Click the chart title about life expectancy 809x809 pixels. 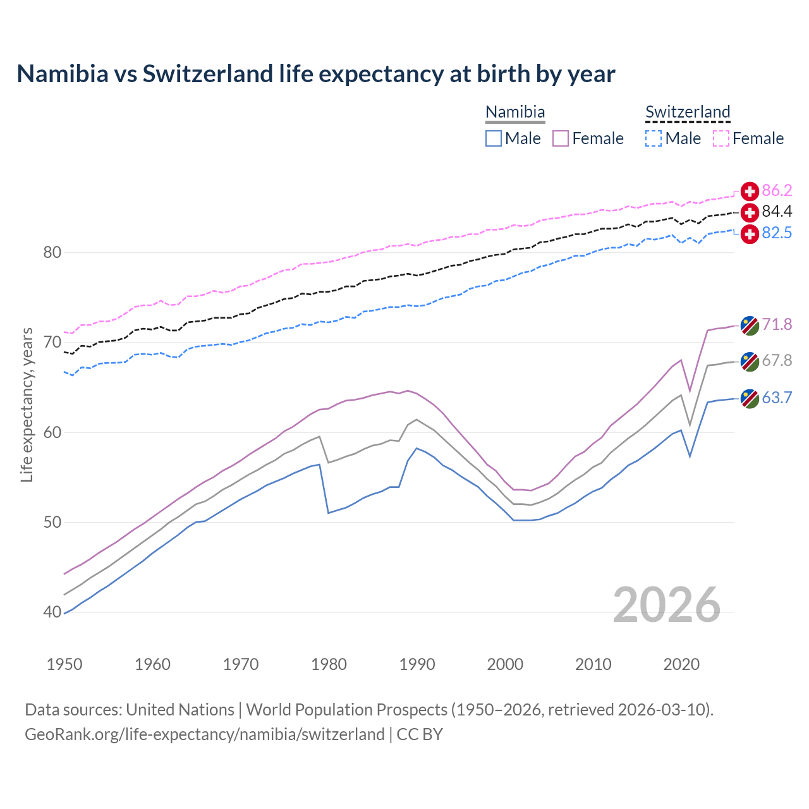[x=315, y=74]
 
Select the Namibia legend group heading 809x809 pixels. [x=515, y=113]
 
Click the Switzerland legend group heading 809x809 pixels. [x=688, y=113]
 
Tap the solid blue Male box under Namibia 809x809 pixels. [x=494, y=138]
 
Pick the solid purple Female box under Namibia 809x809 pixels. [x=561, y=138]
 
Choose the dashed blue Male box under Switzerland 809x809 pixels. [x=654, y=138]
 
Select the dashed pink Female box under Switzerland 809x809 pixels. [x=721, y=138]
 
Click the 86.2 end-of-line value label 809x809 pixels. [x=777, y=191]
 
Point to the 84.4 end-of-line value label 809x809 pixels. [x=777, y=212]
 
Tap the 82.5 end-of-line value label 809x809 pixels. [x=777, y=233]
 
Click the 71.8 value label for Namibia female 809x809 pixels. [x=777, y=325]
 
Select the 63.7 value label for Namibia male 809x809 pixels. [x=777, y=398]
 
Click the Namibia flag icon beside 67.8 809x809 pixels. [x=750, y=362]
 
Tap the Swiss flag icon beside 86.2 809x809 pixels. [x=750, y=192]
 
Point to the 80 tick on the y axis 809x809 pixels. [x=52, y=253]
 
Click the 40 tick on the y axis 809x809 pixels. [x=52, y=612]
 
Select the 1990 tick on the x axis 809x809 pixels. [x=417, y=664]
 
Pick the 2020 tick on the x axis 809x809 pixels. [x=681, y=664]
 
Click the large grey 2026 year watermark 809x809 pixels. [x=667, y=605]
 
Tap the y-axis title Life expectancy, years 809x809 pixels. [x=27, y=404]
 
